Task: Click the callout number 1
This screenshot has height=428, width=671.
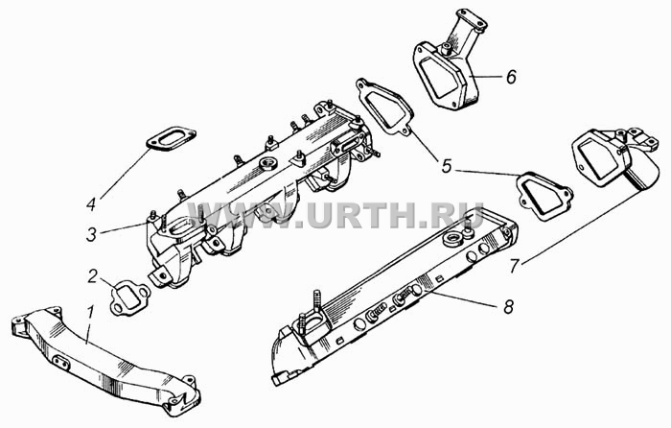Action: pos(90,315)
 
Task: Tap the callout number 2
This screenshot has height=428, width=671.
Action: pos(93,276)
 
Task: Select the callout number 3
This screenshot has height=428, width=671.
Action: pos(92,235)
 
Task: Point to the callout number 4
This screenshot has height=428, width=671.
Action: pos(91,204)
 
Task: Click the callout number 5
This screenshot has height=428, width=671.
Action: pos(447,166)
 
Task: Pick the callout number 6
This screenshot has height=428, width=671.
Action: pos(511,77)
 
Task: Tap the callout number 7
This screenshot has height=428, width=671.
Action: pos(515,265)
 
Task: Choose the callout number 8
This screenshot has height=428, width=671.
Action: pos(508,306)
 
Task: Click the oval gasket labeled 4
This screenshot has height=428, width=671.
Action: pos(172,138)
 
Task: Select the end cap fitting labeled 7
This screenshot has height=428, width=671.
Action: pos(616,158)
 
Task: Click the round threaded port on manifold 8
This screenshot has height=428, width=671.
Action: pos(451,239)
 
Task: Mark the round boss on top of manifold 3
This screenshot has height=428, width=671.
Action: pos(267,163)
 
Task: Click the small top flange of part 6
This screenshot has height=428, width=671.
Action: pos(471,20)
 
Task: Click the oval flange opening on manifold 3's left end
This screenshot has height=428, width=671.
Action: pos(183,226)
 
